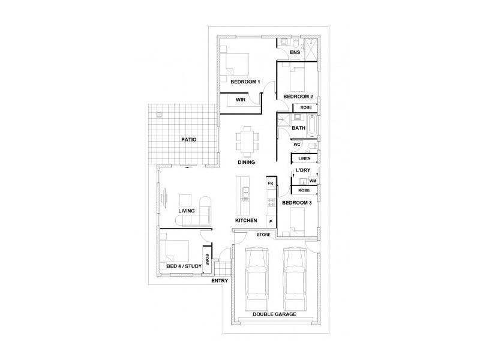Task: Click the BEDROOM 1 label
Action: pos(245,82)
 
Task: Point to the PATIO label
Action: pos(189,140)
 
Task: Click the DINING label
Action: pos(246,162)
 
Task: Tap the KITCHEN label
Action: pos(246,221)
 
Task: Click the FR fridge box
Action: pos(271,182)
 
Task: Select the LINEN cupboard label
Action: pos(305,159)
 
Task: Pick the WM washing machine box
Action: pos(313,180)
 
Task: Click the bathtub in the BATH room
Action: pos(313,128)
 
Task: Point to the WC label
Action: pos(296,145)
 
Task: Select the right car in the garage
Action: pos(295,276)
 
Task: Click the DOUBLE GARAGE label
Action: pos(274,314)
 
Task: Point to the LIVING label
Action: pos(187,211)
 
